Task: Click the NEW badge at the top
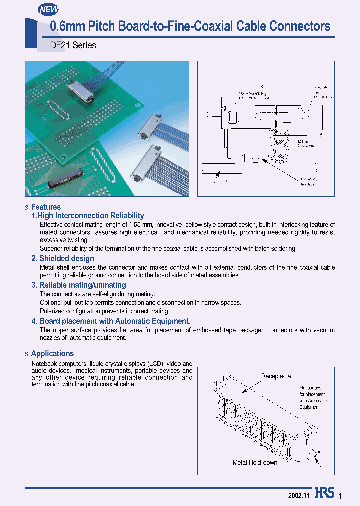pos(49,9)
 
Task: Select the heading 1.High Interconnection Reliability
pos(88,216)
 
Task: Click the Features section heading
pos(46,207)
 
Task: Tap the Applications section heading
pos(52,353)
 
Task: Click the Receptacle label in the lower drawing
pos(276,376)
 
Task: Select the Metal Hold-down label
pos(255,462)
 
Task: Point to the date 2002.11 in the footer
pos(299,495)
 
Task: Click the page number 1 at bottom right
pos(340,495)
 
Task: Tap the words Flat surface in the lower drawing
pos(310,388)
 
